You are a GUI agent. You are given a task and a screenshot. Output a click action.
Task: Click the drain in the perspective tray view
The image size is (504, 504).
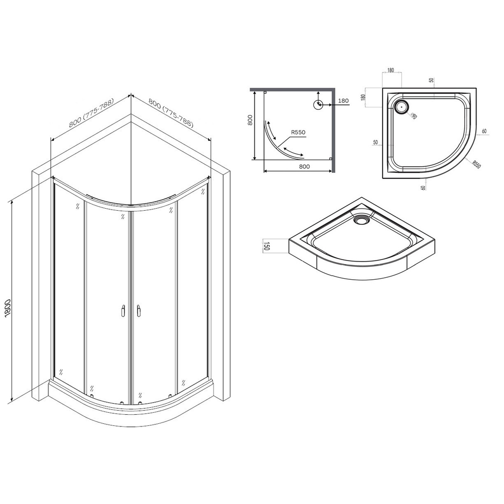pyautogui.click(x=362, y=220)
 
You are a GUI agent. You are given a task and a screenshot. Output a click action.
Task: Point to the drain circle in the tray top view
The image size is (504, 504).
pyautogui.click(x=402, y=106)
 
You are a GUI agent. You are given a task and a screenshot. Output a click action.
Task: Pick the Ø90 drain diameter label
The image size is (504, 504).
pyautogui.click(x=413, y=115)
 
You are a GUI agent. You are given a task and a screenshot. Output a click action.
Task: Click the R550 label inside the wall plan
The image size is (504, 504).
pyautogui.click(x=297, y=133)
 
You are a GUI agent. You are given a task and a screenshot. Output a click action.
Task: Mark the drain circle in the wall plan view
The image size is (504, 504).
pyautogui.click(x=318, y=105)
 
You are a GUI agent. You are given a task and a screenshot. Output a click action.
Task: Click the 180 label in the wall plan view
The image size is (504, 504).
pyautogui.click(x=343, y=101)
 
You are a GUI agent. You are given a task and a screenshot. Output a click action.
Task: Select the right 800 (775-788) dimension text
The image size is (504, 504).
pyautogui.click(x=170, y=112)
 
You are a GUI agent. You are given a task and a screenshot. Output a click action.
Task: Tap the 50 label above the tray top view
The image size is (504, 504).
pyautogui.click(x=431, y=80)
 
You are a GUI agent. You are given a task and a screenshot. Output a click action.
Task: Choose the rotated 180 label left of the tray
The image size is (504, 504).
pyautogui.click(x=362, y=97)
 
